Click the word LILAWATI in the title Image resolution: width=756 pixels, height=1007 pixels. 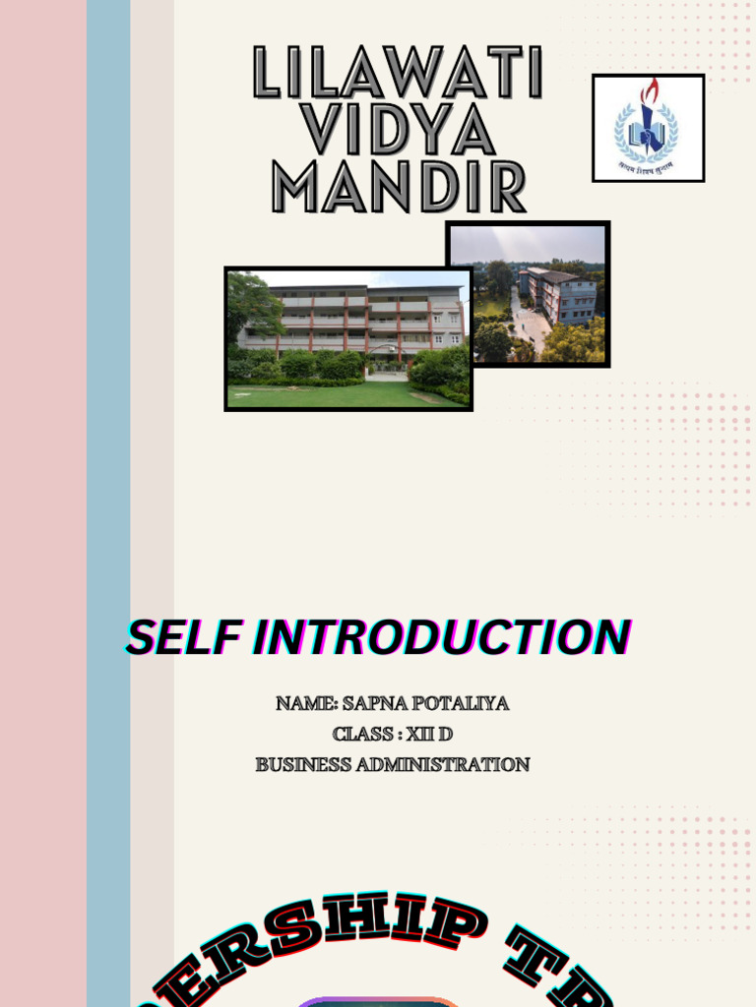point(398,73)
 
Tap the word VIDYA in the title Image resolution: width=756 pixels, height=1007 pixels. point(398,130)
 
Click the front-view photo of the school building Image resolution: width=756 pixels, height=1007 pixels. point(348,338)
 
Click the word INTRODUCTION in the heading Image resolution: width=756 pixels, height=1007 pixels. point(441,638)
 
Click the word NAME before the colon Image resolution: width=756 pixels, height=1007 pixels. point(305,704)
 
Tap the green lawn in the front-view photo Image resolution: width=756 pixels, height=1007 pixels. point(325,394)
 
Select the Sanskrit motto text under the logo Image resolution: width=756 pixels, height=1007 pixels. point(648,166)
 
